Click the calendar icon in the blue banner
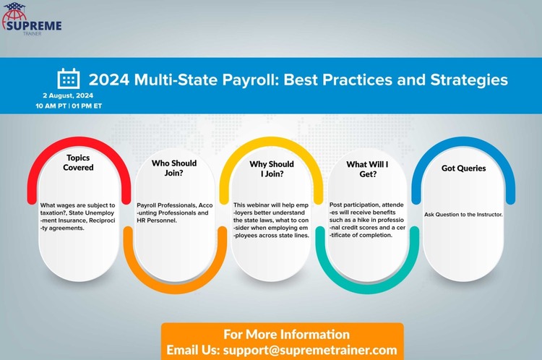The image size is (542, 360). [69, 79]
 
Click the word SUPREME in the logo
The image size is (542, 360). [34, 25]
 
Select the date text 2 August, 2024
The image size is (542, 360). [68, 95]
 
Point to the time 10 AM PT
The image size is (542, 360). [51, 106]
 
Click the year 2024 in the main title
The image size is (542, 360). [109, 80]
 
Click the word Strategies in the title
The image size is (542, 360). [469, 80]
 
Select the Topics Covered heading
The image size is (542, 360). [78, 163]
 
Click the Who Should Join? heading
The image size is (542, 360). [174, 168]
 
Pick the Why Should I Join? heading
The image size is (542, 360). [272, 168]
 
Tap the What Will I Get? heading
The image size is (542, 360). [367, 169]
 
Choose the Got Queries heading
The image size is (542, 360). [463, 168]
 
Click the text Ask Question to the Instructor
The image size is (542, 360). [463, 215]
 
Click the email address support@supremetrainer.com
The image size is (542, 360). [310, 350]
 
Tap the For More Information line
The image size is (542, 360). [287, 335]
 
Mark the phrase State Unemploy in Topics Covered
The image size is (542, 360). [91, 213]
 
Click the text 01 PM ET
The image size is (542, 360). [87, 106]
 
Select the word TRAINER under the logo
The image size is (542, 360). [32, 33]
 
